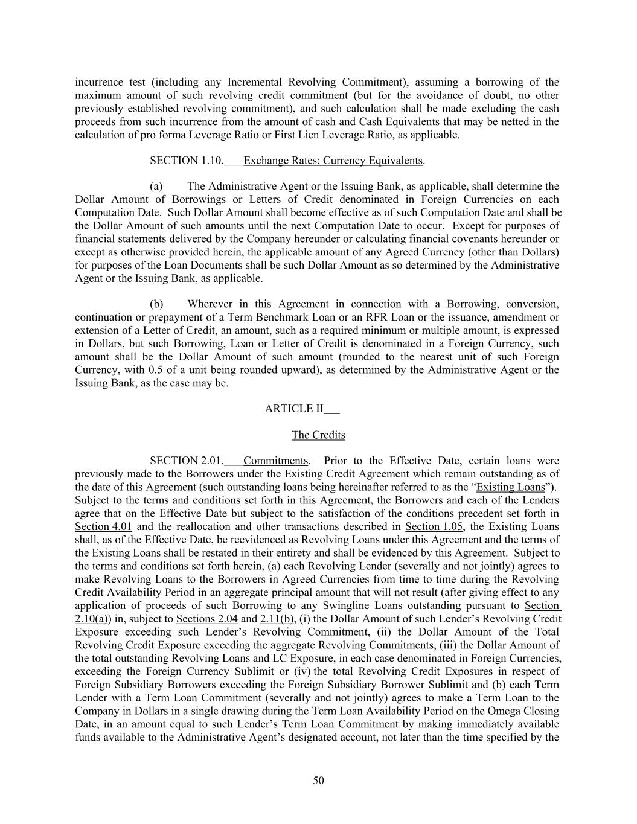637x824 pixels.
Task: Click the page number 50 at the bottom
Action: coord(318,781)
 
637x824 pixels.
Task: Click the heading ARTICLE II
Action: coord(294,409)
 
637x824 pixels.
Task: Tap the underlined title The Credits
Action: coord(318,435)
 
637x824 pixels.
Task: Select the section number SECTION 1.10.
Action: coord(186,161)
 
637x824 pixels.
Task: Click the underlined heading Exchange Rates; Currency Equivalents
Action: coord(333,161)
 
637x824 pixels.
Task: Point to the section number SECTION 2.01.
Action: coord(186,461)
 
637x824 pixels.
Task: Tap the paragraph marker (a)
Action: coord(156,186)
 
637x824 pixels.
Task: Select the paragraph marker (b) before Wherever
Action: coord(156,304)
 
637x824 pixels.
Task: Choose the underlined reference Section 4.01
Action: coord(103,526)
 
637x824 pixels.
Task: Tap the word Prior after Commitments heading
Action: coord(336,461)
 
